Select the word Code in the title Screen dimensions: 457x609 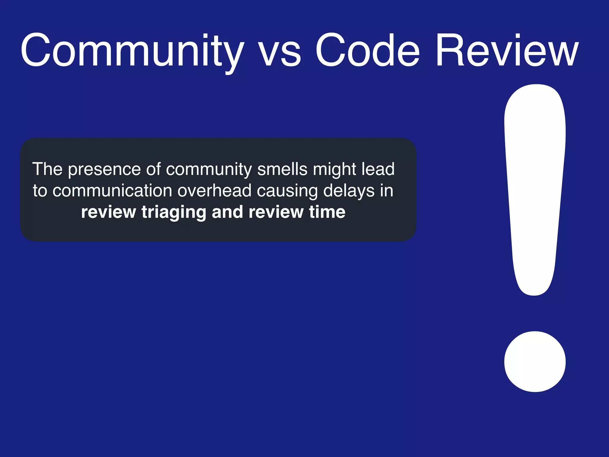pos(367,51)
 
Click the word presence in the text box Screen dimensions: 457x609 pos(104,170)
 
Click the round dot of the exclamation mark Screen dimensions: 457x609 pos(535,361)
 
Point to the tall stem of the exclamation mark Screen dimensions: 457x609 pos(535,190)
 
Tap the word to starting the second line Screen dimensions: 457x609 pos(40,191)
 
